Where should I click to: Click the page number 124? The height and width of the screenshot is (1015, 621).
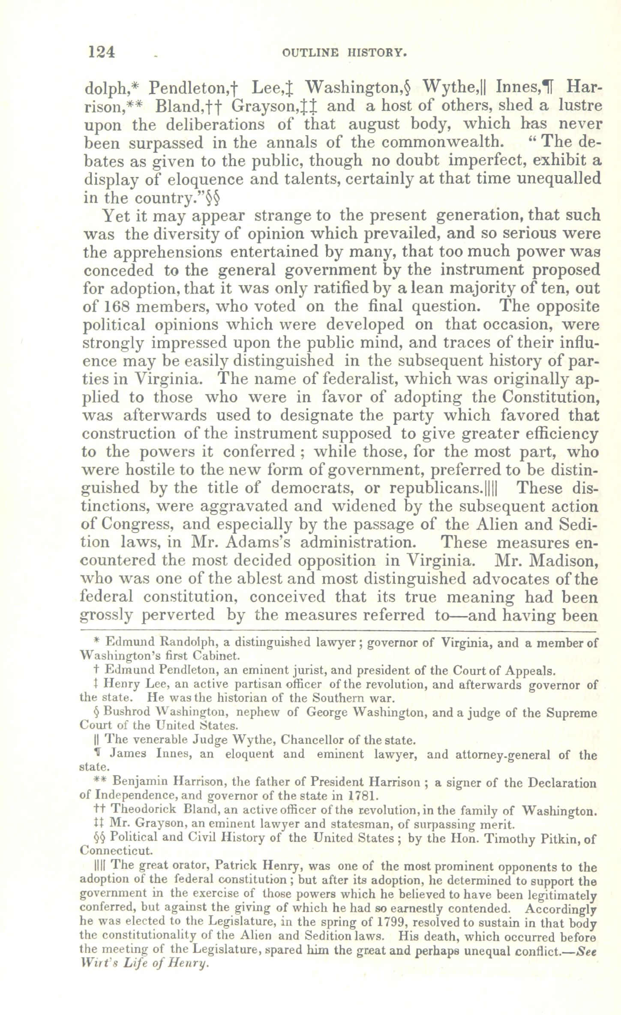(102, 52)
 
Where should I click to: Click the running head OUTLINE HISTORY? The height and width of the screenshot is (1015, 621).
(344, 53)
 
